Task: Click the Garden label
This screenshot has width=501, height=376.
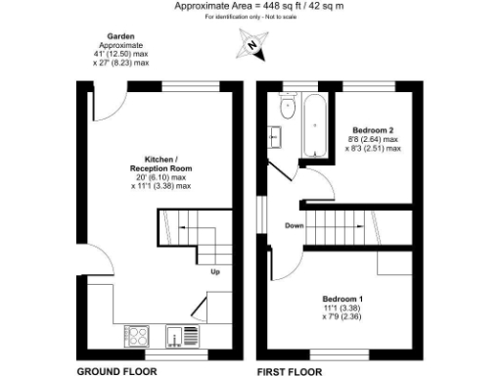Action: (x=121, y=36)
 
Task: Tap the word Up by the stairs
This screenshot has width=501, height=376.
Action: (x=214, y=272)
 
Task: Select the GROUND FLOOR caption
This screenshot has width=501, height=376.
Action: (x=116, y=371)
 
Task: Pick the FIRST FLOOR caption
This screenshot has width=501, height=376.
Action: (x=291, y=371)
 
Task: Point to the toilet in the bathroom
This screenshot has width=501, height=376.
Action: (x=288, y=106)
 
